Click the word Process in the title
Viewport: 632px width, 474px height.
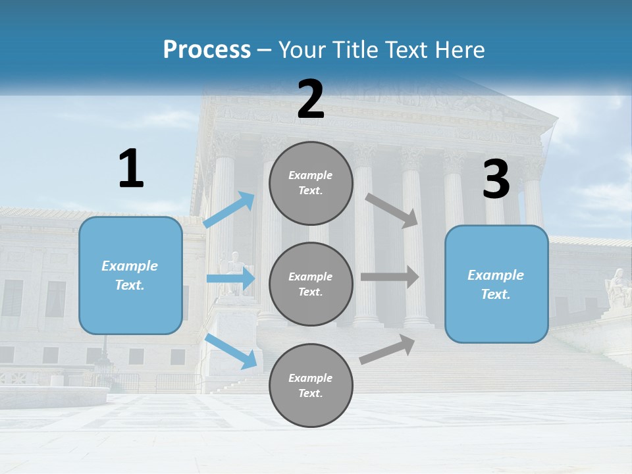pos(207,50)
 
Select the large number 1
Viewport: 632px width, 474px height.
pos(131,169)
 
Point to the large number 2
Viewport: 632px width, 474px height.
pos(311,99)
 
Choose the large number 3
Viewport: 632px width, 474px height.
pos(496,179)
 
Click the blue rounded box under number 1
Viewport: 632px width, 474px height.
pos(130,275)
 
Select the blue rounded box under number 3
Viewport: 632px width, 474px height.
pos(496,284)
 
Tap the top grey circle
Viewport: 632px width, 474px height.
pos(311,183)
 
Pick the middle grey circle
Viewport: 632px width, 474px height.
pos(311,284)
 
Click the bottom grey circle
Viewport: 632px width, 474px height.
pos(311,385)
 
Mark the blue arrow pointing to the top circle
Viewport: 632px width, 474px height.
pos(229,210)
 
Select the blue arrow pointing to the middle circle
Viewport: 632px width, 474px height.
pos(230,279)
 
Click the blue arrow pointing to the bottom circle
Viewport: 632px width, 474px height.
pos(231,351)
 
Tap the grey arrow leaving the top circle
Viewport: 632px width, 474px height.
pos(392,210)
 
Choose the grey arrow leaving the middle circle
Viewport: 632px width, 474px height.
pos(390,276)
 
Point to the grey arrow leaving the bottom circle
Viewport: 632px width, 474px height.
pos(388,350)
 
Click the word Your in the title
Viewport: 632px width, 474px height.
pos(300,50)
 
